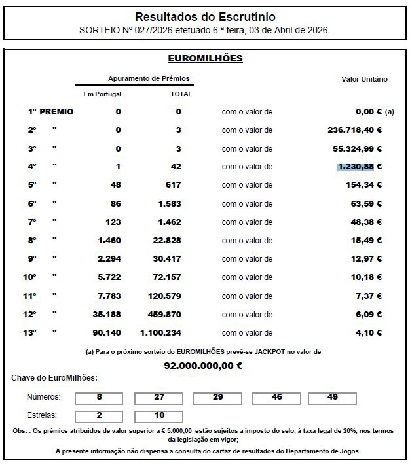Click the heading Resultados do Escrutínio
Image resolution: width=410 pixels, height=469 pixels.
click(x=205, y=17)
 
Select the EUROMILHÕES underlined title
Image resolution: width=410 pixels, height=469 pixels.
click(x=205, y=59)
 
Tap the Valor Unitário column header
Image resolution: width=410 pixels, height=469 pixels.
click(x=364, y=80)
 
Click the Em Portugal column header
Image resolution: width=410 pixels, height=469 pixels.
click(x=102, y=94)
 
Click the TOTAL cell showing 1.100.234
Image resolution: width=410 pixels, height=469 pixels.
click(x=174, y=332)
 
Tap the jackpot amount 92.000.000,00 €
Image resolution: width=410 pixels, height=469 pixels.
click(x=203, y=366)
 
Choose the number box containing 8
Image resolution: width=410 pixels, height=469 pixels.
click(x=99, y=397)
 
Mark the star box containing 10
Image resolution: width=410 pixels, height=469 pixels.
click(x=158, y=415)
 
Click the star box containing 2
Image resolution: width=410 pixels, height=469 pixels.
click(x=99, y=415)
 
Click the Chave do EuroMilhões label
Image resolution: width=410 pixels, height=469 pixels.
click(x=54, y=378)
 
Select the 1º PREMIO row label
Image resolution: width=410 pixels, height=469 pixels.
click(x=50, y=112)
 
